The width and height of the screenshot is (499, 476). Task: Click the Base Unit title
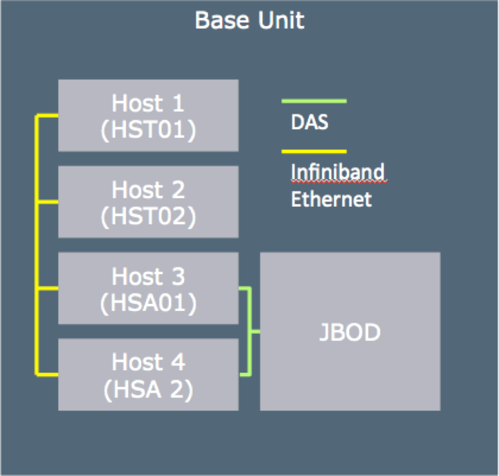click(x=250, y=20)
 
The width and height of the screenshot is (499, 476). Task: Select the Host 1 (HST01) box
click(x=148, y=115)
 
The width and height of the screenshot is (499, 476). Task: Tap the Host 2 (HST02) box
click(x=148, y=202)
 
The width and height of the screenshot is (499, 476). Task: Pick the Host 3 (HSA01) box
click(x=148, y=288)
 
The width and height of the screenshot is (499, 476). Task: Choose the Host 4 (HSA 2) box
click(x=148, y=375)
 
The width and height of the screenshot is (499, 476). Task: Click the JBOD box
click(x=350, y=331)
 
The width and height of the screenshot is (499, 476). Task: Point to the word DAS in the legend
click(x=309, y=122)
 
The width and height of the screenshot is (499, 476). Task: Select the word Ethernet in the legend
click(x=331, y=200)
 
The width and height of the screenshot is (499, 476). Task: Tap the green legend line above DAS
click(x=314, y=101)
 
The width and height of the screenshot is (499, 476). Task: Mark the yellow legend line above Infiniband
click(x=314, y=152)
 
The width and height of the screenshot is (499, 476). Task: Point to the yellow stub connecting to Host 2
click(x=48, y=202)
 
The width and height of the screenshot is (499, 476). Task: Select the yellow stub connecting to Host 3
click(x=48, y=288)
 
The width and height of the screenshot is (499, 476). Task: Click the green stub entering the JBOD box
click(x=255, y=331)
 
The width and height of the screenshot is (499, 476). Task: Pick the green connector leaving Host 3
click(x=245, y=288)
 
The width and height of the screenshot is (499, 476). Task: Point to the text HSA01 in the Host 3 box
click(x=148, y=302)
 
